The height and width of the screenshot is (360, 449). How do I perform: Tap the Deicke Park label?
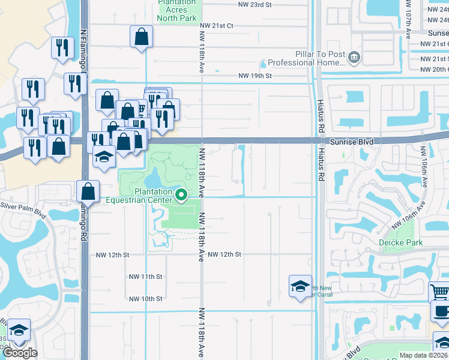point(400,243)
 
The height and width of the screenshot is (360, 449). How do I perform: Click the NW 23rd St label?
point(255,4)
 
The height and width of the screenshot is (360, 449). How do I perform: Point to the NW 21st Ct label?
point(218,26)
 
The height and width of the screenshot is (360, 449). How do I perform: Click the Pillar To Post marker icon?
point(354,56)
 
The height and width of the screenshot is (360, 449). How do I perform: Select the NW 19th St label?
point(255,76)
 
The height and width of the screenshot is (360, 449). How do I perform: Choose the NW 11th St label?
point(146,277)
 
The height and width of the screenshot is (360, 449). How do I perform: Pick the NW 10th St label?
point(146,299)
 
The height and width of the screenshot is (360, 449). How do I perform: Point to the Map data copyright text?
point(423,355)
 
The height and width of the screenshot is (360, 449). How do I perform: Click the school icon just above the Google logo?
point(19,329)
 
